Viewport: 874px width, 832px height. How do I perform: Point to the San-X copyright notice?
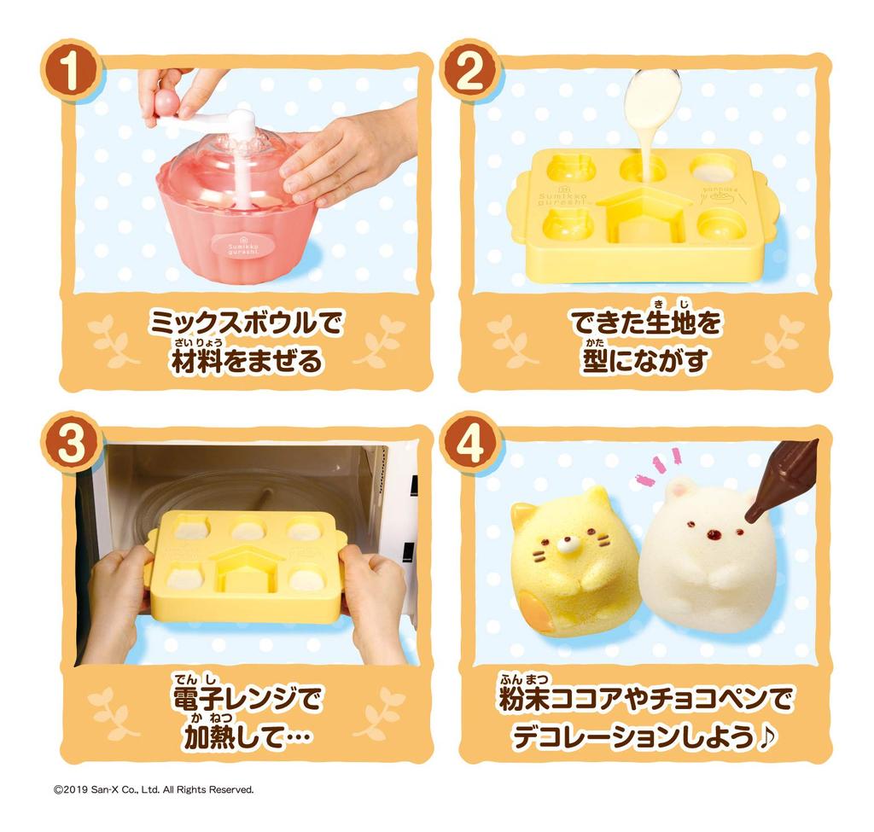tap(154, 789)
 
